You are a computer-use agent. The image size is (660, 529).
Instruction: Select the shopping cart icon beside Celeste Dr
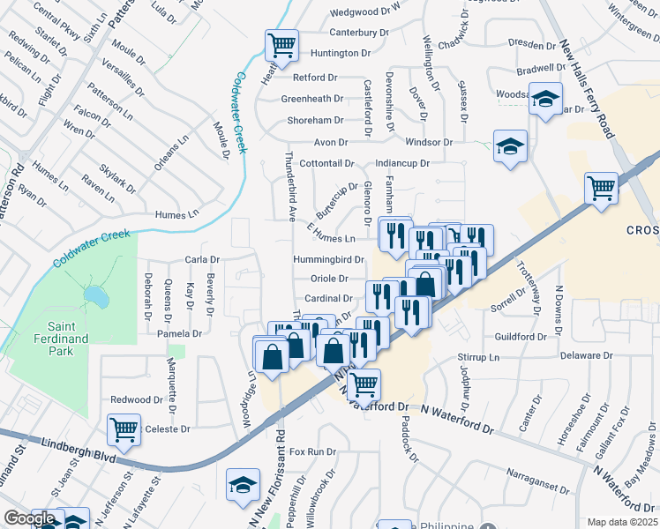pos(124,429)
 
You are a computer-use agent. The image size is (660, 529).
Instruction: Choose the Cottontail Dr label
pos(326,164)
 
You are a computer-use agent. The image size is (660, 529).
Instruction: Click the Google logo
pos(29,519)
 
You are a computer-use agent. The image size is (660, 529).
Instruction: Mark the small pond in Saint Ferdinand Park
pos(98,298)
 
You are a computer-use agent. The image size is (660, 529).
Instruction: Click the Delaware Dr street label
pos(585,355)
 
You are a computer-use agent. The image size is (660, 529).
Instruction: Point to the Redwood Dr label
pos(131,399)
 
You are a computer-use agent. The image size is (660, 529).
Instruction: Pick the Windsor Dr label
pos(429,142)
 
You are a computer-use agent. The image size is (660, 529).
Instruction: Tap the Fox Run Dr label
pos(313,451)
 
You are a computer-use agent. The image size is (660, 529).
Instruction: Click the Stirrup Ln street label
pos(479,358)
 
